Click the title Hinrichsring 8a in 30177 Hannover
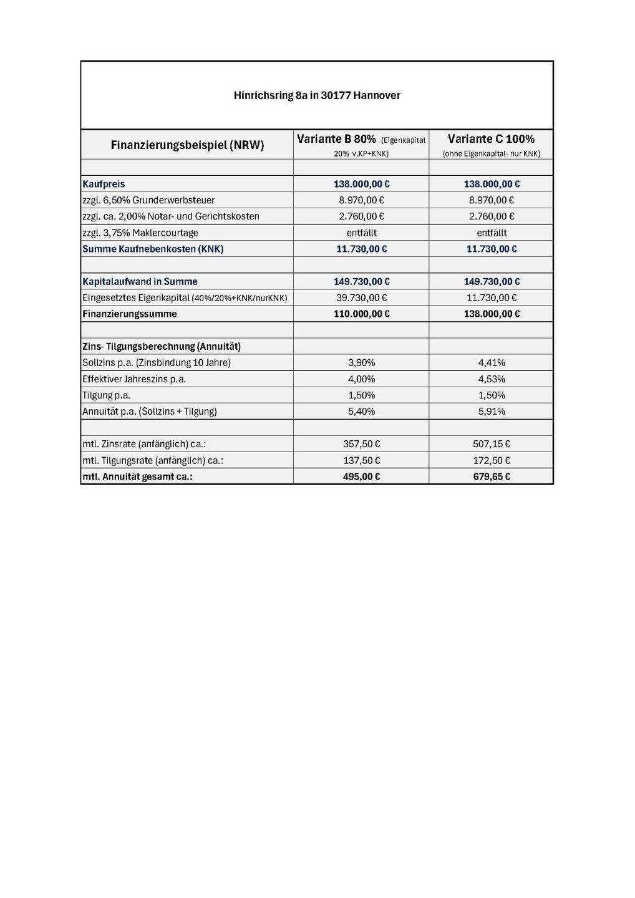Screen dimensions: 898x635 317,95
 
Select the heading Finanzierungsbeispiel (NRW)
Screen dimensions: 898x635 187,145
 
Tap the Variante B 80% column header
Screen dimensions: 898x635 336,139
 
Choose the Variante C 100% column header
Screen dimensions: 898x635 491,139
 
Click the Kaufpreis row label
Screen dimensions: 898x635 104,184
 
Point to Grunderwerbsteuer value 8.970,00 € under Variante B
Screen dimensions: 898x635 361,200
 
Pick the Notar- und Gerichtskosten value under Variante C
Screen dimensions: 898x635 492,216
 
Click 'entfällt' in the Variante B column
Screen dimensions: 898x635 361,233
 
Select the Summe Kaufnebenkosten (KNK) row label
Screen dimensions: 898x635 153,249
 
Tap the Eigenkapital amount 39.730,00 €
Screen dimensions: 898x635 361,297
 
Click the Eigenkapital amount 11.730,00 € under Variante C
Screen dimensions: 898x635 492,297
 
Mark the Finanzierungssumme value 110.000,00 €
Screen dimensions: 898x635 361,314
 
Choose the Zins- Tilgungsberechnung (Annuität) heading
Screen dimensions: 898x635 162,346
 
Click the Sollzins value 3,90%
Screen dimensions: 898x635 361,362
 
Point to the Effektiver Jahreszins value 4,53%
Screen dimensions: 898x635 492,379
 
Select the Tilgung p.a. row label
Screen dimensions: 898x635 106,395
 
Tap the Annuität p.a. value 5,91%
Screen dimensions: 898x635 492,411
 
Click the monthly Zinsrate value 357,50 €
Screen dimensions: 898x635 361,444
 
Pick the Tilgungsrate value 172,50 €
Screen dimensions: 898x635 492,460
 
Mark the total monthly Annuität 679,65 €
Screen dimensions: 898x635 492,476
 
